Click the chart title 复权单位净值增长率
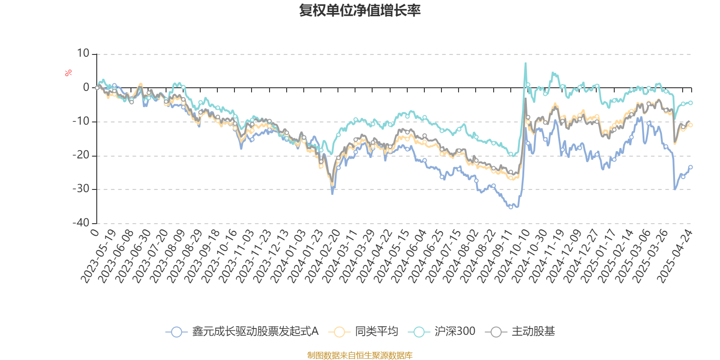click(360, 10)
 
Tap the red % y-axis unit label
click(68, 73)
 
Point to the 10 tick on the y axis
click(83, 54)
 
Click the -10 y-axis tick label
click(81, 121)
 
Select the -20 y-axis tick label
click(81, 155)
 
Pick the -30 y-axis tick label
click(81, 189)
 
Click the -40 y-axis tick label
click(81, 223)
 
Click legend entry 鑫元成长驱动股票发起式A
click(243, 332)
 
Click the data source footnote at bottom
click(360, 355)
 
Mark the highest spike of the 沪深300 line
click(526, 63)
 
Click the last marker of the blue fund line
click(691, 167)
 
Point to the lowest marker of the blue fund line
click(511, 207)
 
